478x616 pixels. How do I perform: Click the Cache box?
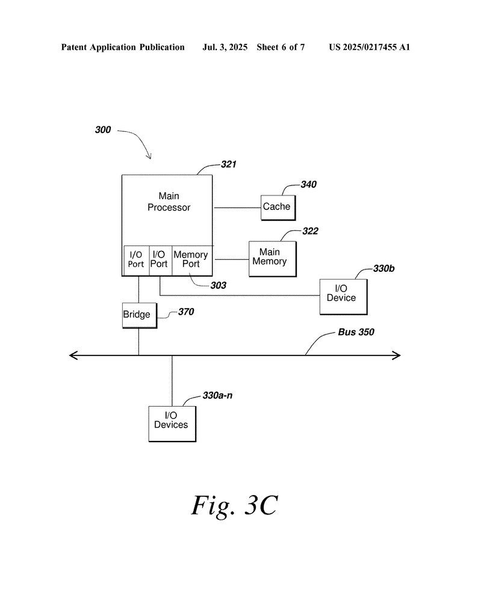[x=276, y=207]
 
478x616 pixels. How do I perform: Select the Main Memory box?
[x=272, y=258]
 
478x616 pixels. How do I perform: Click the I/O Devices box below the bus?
[x=172, y=423]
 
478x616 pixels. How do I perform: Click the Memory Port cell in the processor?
[x=191, y=260]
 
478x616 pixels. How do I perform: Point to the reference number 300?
[x=103, y=129]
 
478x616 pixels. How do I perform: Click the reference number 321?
[x=229, y=164]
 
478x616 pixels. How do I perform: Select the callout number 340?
[x=308, y=185]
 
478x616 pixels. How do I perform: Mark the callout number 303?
[x=218, y=286]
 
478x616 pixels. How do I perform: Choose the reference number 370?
[x=185, y=312]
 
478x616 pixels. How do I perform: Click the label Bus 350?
[x=356, y=332]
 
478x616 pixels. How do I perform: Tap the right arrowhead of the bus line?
[x=397, y=356]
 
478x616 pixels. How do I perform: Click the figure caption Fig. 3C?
[x=234, y=506]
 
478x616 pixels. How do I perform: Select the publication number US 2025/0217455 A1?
[x=369, y=47]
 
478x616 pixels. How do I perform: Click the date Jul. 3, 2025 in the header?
[x=225, y=47]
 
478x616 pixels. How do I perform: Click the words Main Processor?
[x=169, y=202]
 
